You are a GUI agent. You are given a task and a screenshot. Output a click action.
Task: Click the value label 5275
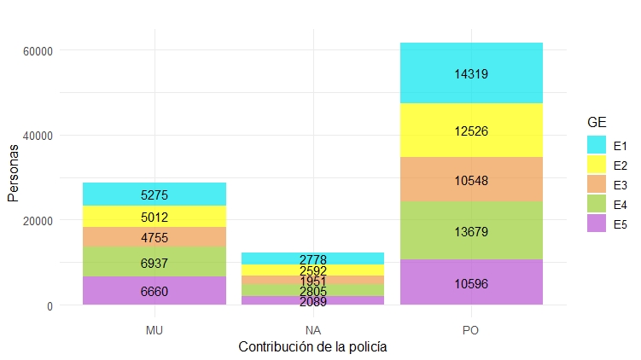click(x=154, y=195)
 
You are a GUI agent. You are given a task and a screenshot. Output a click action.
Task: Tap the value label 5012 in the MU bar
click(x=154, y=218)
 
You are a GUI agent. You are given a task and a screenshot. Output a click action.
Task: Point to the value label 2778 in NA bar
click(x=313, y=259)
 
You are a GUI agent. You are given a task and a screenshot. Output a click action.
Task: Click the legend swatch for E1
click(x=596, y=145)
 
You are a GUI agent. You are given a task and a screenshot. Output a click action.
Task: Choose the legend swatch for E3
click(x=596, y=184)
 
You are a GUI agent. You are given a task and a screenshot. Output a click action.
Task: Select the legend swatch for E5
click(x=596, y=224)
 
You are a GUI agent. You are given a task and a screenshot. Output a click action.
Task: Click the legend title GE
click(x=597, y=123)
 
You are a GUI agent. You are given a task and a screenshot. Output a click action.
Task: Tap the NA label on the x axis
click(x=313, y=328)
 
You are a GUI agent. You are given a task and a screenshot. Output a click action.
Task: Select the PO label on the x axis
click(x=471, y=328)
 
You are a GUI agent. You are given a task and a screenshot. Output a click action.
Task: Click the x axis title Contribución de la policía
click(x=313, y=347)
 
